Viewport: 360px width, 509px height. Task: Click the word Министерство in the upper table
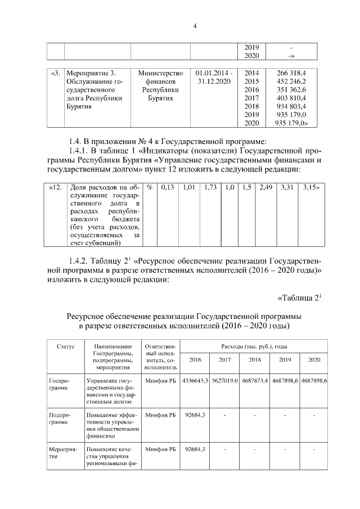160,73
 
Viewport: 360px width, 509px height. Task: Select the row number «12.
56,187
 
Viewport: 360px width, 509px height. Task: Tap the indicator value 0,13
167,187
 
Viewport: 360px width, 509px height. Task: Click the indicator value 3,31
287,187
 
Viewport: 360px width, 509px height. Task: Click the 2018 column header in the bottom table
255,360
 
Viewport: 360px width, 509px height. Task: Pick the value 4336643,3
195,381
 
